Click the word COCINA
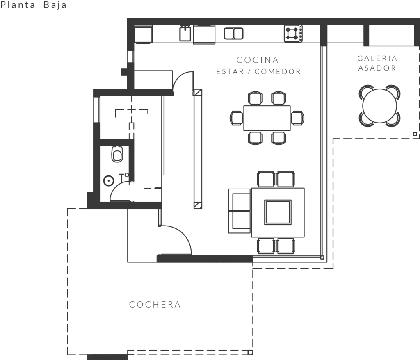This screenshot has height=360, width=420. [x=258, y=60]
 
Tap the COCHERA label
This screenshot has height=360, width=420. [x=155, y=305]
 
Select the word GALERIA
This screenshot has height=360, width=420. [x=377, y=59]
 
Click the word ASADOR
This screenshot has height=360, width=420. [x=377, y=68]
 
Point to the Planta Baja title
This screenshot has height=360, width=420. [x=34, y=5]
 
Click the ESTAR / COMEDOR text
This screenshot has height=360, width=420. [x=258, y=72]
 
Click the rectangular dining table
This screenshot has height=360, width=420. [x=267, y=118]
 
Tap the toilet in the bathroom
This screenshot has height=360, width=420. [x=117, y=155]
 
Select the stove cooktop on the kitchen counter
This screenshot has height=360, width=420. [x=293, y=33]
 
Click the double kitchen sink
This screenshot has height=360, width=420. [x=233, y=33]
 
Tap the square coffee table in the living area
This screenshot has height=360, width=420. [x=278, y=212]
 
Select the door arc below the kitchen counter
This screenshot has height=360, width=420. [x=183, y=80]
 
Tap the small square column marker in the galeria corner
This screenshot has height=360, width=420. [x=415, y=134]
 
